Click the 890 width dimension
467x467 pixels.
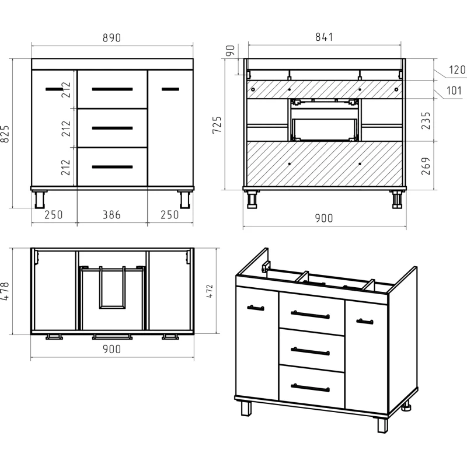coord(111,38)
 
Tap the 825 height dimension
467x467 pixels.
coord(5,134)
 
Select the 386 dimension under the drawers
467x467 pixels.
coord(111,215)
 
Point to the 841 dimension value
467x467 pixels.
coord(324,37)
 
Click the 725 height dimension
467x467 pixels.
coord(217,125)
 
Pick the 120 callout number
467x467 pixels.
coord(457,69)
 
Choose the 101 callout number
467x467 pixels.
coord(454,90)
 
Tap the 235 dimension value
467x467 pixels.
coord(426,121)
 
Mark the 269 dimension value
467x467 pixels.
coord(426,166)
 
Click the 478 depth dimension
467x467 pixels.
coord(5,291)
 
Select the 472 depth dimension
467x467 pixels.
coord(210,291)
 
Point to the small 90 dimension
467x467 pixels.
coord(230,50)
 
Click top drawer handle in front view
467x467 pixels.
coord(112,89)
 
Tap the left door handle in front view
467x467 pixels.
coord(54,89)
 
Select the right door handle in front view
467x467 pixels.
coord(170,89)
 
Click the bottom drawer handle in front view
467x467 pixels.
coord(112,167)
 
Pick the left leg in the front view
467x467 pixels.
coord(40,199)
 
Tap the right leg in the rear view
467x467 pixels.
coord(398,199)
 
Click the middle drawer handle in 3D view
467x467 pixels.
coord(310,351)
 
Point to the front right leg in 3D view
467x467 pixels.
coord(383,426)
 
